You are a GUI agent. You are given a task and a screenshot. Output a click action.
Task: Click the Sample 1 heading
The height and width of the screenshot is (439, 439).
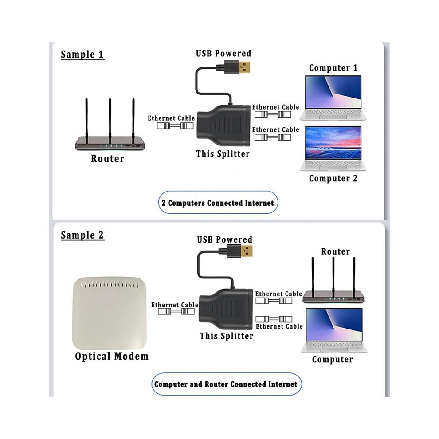pos(82,54)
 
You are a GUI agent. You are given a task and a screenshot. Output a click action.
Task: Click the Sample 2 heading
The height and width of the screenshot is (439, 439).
pos(82,235)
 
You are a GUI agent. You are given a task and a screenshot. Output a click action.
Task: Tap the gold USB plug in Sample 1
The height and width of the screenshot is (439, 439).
pos(244,67)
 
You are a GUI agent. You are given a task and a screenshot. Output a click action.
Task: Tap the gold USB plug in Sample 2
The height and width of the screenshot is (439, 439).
pos(247,251)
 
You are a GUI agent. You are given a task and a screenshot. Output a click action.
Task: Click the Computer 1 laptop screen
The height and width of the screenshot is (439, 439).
pos(333,92)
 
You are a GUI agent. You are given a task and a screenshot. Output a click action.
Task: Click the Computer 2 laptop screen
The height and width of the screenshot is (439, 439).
pos(333,143)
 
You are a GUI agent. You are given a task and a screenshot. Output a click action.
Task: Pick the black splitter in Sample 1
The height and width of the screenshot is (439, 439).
pos(223,125)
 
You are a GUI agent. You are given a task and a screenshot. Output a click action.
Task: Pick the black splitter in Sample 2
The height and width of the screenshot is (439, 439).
pos(226,309)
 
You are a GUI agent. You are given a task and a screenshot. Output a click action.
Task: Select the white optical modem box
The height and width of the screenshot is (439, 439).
pos(110,314)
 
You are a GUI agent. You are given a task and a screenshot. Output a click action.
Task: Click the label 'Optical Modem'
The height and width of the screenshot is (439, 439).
pos(112,356)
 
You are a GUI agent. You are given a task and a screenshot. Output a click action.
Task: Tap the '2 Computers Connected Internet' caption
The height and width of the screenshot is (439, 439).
pos(218,203)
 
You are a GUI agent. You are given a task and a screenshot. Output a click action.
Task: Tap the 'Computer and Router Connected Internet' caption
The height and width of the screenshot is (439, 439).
pos(226,384)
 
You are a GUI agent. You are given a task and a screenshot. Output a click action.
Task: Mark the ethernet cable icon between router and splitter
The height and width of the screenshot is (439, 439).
pos(175,125)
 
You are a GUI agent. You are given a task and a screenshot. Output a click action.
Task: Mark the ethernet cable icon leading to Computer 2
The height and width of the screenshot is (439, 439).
pos(273,137)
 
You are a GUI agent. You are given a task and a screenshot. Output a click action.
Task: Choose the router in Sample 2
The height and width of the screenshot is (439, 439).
pos(333,280)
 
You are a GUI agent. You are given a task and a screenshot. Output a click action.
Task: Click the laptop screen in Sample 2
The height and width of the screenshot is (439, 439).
pos(334,325)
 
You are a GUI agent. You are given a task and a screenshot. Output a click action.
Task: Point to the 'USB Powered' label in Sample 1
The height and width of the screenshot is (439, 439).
pos(223,53)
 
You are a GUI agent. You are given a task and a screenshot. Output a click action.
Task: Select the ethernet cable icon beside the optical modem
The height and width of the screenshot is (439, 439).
pos(176,311)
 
